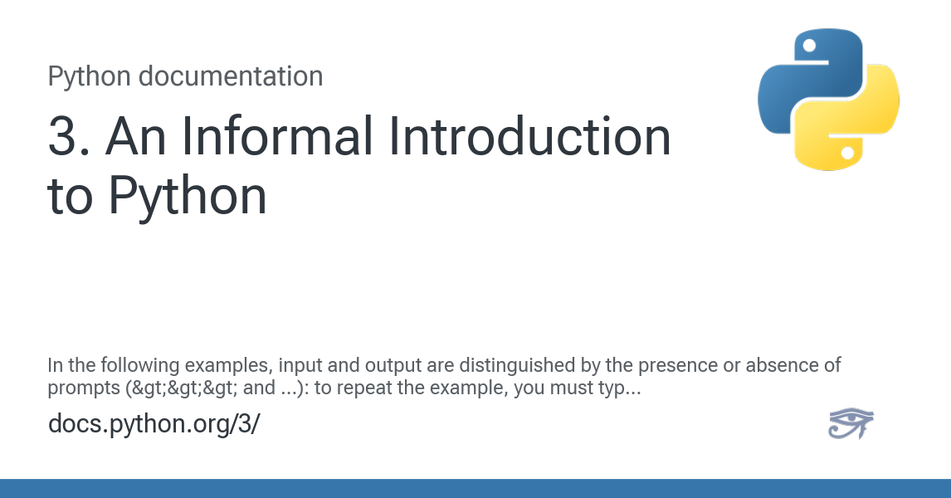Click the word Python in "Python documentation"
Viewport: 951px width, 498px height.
click(90, 76)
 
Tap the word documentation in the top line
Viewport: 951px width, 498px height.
click(231, 76)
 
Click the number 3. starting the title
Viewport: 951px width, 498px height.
click(68, 138)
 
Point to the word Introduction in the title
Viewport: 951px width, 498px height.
click(531, 138)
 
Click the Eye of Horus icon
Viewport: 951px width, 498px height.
click(851, 423)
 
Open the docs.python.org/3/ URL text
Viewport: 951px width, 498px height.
click(154, 424)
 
